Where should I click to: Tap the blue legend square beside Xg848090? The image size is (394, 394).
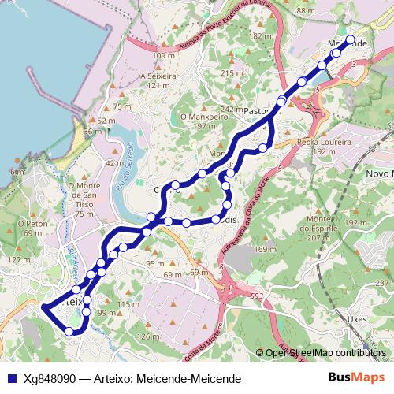[12, 378]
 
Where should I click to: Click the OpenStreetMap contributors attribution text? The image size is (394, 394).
[325, 354]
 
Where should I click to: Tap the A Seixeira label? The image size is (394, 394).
[154, 76]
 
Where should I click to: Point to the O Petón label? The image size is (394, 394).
[37, 224]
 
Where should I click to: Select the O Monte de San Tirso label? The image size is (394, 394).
[74, 194]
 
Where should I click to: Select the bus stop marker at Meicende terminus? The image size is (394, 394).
[351, 39]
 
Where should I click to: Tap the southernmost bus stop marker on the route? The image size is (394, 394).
[69, 332]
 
